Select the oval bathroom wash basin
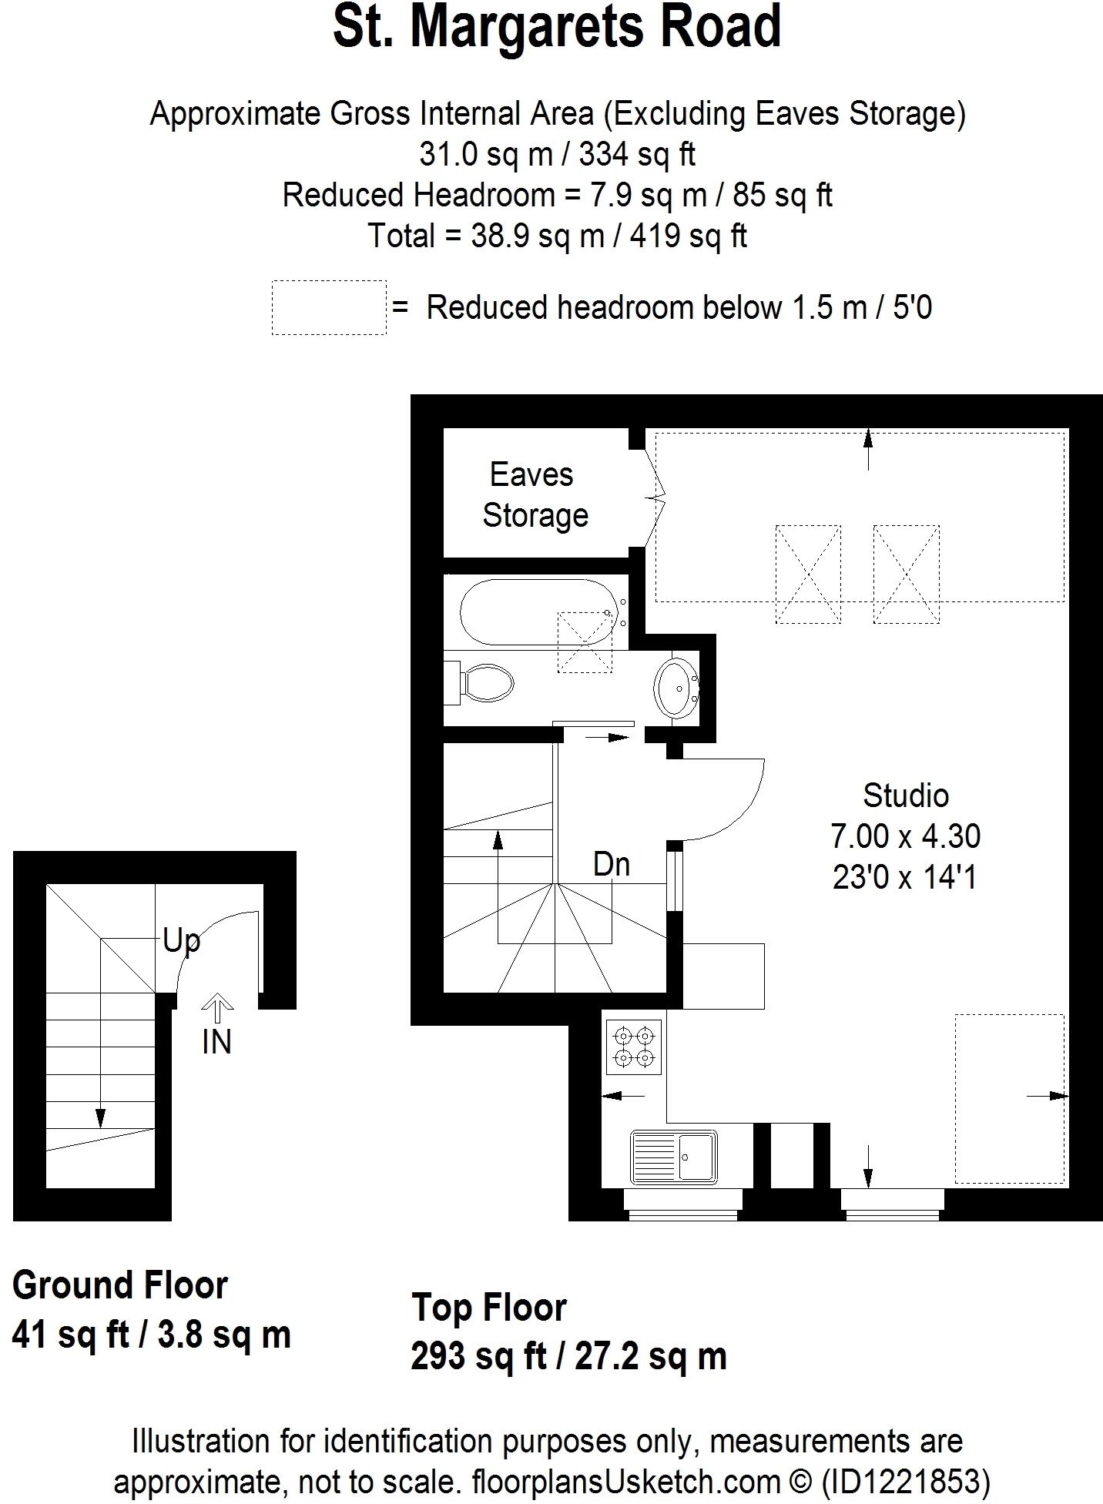click(676, 688)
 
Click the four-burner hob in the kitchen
click(633, 1047)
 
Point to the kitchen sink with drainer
click(673, 1157)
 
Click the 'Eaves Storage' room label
click(535, 494)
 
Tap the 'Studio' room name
click(905, 796)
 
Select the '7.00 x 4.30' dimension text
click(905, 836)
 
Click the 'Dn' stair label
click(611, 865)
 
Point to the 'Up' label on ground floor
click(182, 941)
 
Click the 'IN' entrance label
click(216, 1042)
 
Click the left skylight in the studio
click(807, 574)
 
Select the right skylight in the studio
click(906, 574)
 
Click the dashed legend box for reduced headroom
click(329, 307)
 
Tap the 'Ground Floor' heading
click(120, 1285)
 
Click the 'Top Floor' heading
click(489, 1307)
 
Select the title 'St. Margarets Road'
click(557, 27)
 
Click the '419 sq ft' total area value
click(688, 236)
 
